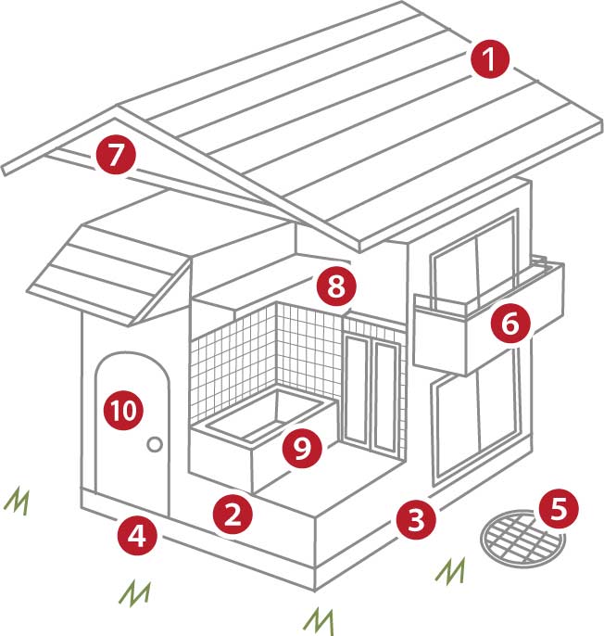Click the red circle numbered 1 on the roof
[x=489, y=59]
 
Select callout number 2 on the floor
[x=232, y=514]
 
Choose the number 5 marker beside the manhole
[x=560, y=507]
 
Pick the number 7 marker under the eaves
[x=115, y=155]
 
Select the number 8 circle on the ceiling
[x=334, y=286]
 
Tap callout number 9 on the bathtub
[x=301, y=448]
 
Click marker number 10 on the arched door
[x=123, y=409]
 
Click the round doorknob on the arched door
[x=155, y=446]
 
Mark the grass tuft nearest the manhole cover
[x=451, y=569]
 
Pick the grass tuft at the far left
[x=16, y=501]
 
